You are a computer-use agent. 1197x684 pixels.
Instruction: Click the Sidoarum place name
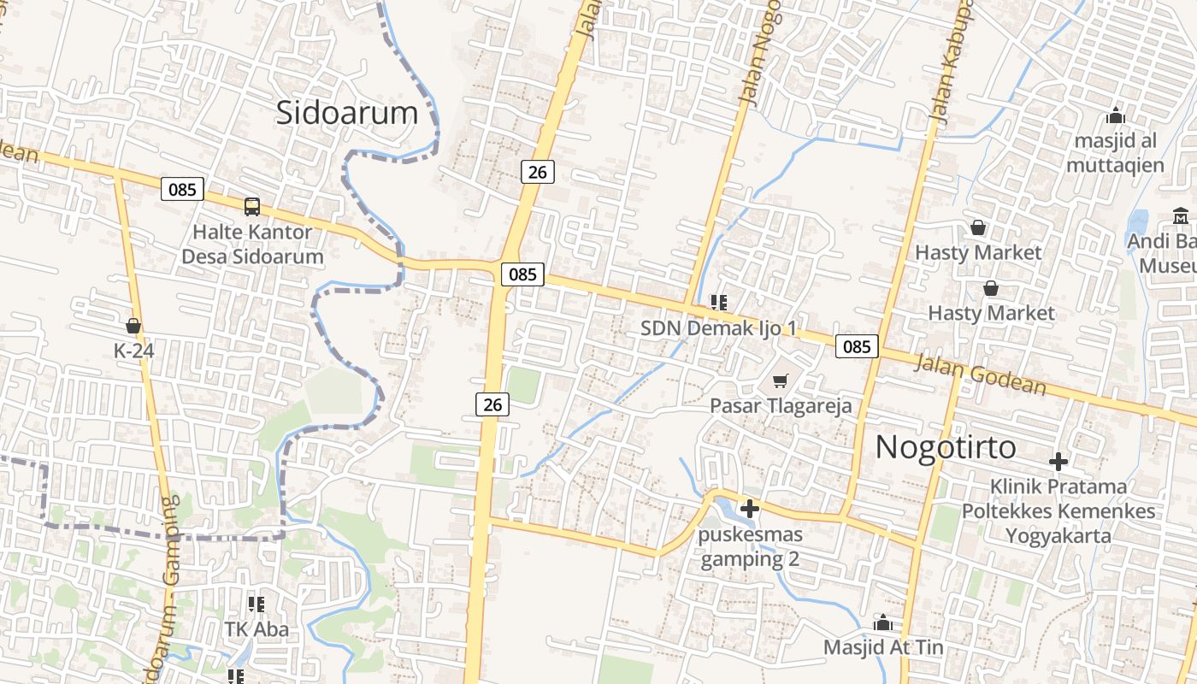click(x=346, y=113)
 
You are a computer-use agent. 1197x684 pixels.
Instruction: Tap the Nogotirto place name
click(x=946, y=447)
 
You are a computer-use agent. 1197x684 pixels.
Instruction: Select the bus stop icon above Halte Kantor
click(x=252, y=206)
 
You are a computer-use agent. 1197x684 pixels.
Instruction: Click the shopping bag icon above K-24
click(x=133, y=326)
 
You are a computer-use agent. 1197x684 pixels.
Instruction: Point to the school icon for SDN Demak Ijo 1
click(x=718, y=302)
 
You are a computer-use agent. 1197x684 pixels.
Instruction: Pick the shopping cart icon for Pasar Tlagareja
click(x=780, y=380)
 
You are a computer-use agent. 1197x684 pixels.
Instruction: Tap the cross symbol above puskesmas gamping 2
click(x=750, y=509)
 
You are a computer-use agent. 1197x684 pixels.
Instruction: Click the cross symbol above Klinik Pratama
click(x=1058, y=462)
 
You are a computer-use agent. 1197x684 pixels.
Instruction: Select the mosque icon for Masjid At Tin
click(x=883, y=622)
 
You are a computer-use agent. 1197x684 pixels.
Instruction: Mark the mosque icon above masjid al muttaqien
click(x=1115, y=115)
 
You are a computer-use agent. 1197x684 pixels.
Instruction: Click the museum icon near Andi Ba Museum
click(x=1181, y=215)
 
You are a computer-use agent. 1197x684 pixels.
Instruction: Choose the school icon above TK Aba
click(x=256, y=604)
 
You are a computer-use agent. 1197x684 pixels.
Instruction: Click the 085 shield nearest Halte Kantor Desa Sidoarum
click(x=182, y=189)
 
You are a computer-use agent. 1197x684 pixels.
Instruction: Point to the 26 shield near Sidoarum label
click(x=537, y=172)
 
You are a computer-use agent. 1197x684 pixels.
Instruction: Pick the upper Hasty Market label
click(x=978, y=253)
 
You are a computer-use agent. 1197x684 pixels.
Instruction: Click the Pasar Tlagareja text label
click(x=781, y=405)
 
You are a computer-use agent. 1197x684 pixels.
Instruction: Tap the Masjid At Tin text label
click(x=883, y=647)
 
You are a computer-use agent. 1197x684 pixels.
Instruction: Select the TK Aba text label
click(x=256, y=630)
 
